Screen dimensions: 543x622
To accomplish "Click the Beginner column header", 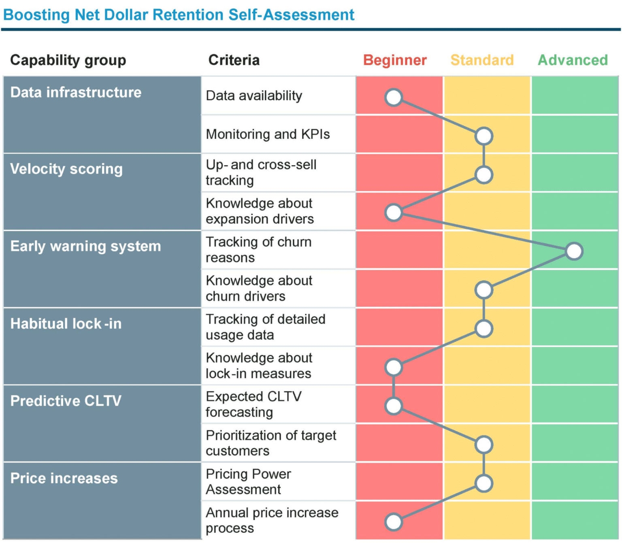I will point(394,60).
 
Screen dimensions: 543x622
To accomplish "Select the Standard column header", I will point(482,60).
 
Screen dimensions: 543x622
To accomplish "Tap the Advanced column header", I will point(573,60).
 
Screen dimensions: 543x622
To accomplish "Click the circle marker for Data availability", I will point(394,98).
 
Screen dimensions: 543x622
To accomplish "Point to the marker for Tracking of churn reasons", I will point(574,251).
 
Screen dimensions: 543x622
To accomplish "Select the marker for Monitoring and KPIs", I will point(484,136).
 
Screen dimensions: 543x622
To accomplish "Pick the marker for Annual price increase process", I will point(394,522).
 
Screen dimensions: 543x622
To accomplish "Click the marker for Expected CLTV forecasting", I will point(394,406).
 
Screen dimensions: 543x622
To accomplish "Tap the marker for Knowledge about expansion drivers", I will point(394,213).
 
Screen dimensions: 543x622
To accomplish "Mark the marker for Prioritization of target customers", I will point(484,445).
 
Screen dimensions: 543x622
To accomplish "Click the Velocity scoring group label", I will point(66,169).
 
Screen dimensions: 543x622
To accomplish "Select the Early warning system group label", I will point(85,246).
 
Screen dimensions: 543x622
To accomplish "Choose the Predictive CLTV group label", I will point(66,401).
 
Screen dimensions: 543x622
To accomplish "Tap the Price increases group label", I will point(64,478).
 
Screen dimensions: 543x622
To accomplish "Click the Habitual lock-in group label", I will point(66,324).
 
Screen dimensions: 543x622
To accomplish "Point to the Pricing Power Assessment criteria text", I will point(248,481).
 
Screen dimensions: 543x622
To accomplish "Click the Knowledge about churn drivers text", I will point(259,288).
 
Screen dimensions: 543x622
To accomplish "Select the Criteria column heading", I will point(234,60).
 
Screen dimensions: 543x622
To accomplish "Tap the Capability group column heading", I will point(68,60).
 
